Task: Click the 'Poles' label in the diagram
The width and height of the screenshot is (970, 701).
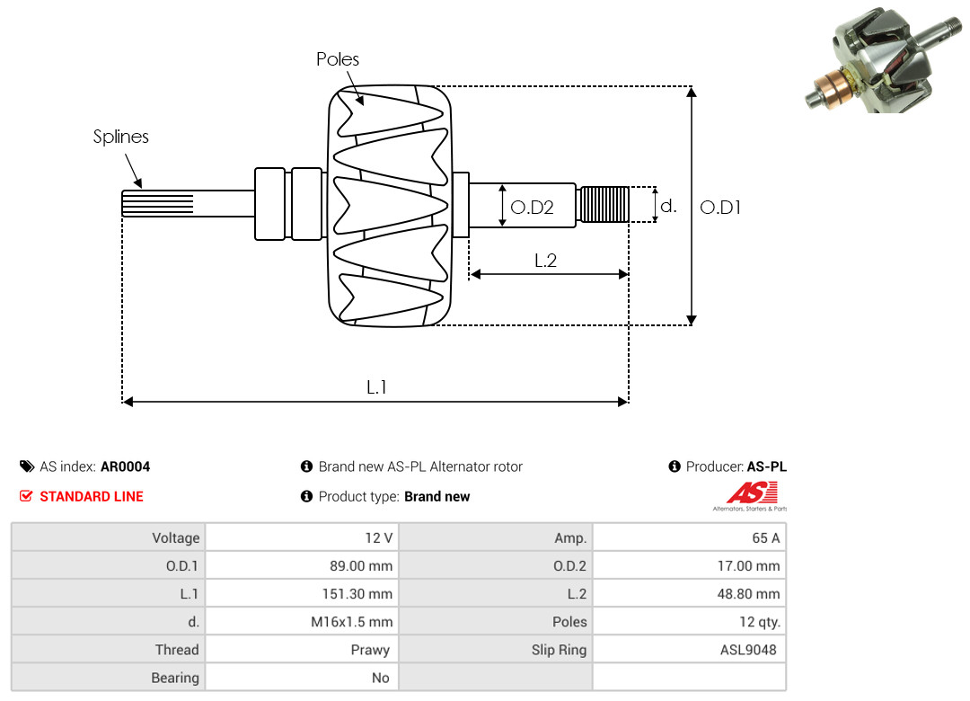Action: pyautogui.click(x=338, y=59)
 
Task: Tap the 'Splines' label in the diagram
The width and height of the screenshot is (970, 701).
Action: pyautogui.click(x=121, y=137)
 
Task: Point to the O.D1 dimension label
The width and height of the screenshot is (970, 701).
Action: pyautogui.click(x=720, y=208)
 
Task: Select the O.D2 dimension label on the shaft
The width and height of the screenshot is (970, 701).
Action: pyautogui.click(x=532, y=208)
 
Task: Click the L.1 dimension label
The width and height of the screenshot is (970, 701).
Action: pyautogui.click(x=376, y=387)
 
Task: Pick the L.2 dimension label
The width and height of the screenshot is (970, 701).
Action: pyautogui.click(x=546, y=261)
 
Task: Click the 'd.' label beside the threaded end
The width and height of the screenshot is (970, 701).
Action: pyautogui.click(x=668, y=206)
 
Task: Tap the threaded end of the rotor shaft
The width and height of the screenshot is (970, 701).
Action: pyautogui.click(x=603, y=204)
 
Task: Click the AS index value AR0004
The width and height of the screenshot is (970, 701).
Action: pyautogui.click(x=125, y=466)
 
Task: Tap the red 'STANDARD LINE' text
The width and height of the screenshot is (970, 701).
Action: pyautogui.click(x=92, y=496)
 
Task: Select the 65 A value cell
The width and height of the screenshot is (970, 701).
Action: pyautogui.click(x=765, y=537)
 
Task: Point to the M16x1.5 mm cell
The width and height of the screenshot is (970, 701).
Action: pyautogui.click(x=349, y=621)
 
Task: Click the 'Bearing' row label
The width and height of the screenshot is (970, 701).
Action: pyautogui.click(x=175, y=678)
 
